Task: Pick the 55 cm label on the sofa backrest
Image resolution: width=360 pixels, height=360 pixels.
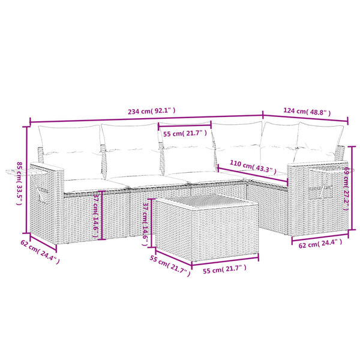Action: [185, 133]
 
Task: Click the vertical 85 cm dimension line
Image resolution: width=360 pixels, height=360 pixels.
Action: [28, 180]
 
